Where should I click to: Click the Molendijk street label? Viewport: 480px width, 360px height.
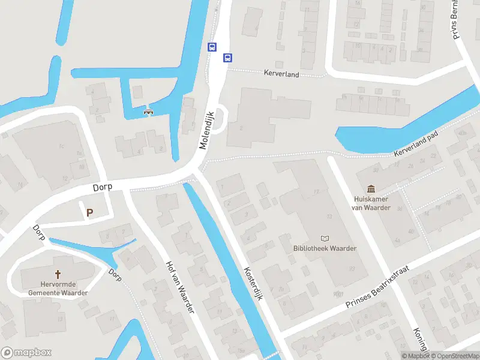coord(207,130)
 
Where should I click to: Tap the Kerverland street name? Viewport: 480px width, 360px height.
coord(281,73)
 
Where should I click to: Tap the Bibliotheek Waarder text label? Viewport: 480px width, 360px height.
coord(325,248)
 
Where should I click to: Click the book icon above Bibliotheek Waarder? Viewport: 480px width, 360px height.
coord(325,238)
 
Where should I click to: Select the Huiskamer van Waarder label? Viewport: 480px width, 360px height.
coord(371,203)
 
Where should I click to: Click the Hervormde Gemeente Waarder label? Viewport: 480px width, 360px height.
coord(58,289)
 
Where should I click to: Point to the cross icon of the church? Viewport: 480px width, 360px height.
coord(58,263)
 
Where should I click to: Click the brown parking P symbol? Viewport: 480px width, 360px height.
coord(90,212)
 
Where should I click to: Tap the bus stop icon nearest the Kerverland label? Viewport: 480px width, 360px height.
coord(227,58)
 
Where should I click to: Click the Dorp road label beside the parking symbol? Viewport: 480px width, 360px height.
coord(103,188)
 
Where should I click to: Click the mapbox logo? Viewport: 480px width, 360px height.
coord(26,353)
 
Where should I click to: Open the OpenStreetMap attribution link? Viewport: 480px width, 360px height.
coord(455,356)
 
